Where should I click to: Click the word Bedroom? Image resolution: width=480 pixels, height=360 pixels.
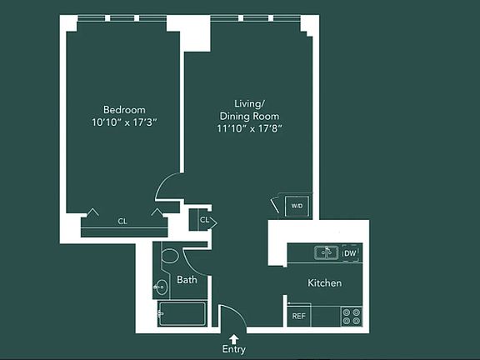(x=124, y=110)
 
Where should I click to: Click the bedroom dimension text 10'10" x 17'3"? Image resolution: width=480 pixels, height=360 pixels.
(x=124, y=122)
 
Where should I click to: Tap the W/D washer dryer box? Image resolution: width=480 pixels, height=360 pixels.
(x=296, y=206)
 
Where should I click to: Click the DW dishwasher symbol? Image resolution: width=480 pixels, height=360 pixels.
(x=351, y=252)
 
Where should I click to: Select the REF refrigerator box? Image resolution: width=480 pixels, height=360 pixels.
(x=297, y=317)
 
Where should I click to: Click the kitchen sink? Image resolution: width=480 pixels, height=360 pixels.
(x=325, y=252)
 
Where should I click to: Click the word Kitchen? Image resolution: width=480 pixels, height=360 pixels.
(x=324, y=283)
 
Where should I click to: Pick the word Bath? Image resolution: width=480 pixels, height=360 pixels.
(x=187, y=280)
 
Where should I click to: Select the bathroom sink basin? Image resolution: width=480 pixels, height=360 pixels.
(x=161, y=287)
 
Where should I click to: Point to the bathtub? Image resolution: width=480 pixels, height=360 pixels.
(x=182, y=314)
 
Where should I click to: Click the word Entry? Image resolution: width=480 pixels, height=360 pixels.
(x=234, y=350)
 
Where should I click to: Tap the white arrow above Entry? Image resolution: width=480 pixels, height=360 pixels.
(x=234, y=337)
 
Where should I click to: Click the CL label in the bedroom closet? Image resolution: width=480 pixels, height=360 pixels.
(x=122, y=222)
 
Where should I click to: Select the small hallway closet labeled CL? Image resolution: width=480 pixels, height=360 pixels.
(x=204, y=221)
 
